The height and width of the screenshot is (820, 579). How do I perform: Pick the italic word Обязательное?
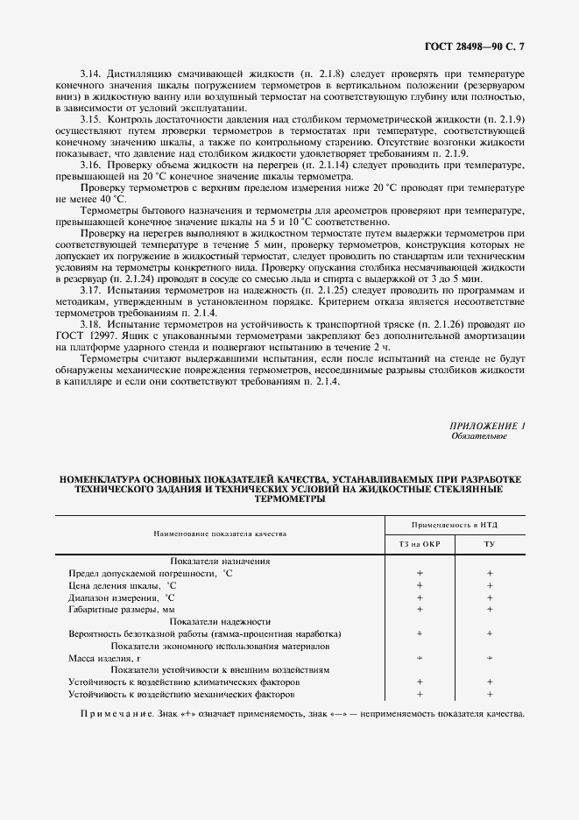click(479, 435)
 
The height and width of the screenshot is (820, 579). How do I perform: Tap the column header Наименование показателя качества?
click(220, 533)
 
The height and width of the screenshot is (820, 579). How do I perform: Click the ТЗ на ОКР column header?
click(420, 543)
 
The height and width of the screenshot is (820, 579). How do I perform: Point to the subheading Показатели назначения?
click(220, 561)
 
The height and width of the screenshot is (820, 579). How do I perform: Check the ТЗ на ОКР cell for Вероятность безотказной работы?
click(420, 633)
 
